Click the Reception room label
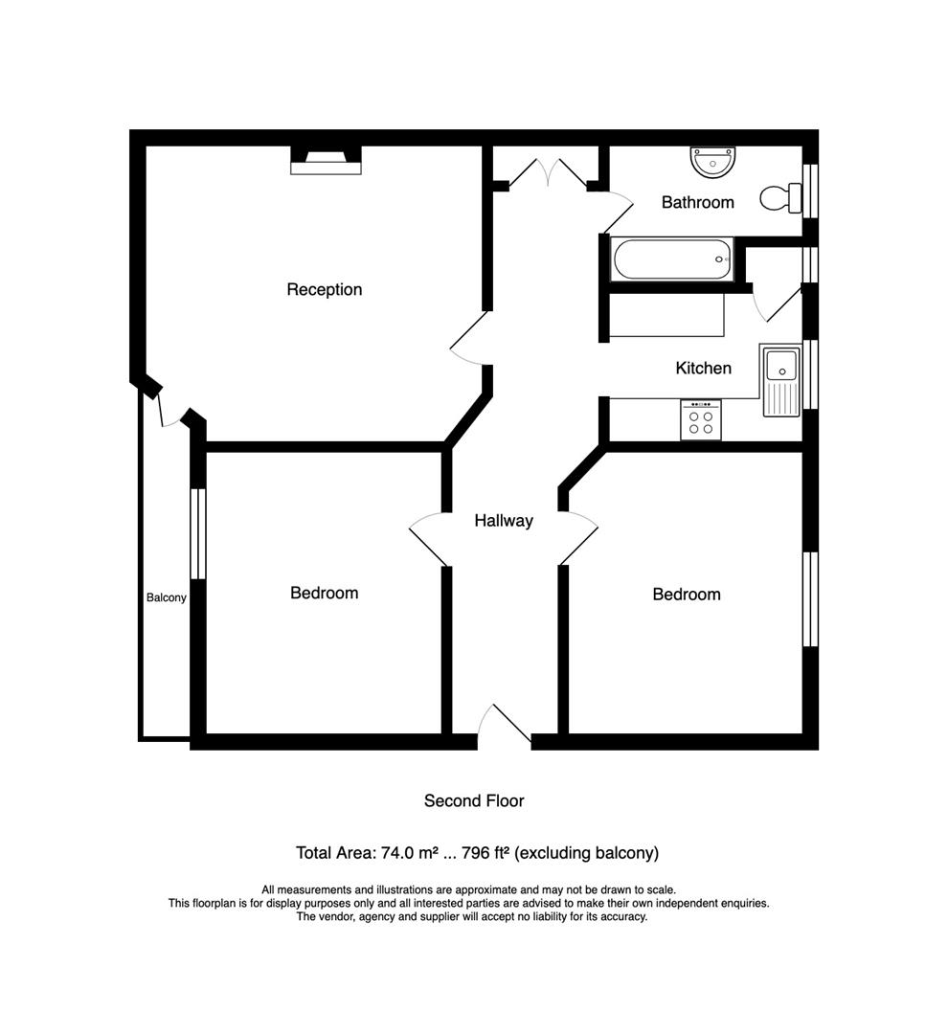pyautogui.click(x=324, y=289)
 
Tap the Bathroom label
pyautogui.click(x=697, y=202)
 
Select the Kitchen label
pyautogui.click(x=703, y=368)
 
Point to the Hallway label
pyautogui.click(x=504, y=521)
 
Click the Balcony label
pyautogui.click(x=166, y=597)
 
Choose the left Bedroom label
pyautogui.click(x=324, y=593)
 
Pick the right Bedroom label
pyautogui.click(x=686, y=594)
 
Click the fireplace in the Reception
pyautogui.click(x=327, y=160)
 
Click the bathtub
pyautogui.click(x=671, y=258)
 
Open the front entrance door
pyautogui.click(x=505, y=728)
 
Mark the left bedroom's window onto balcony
pyautogui.click(x=197, y=533)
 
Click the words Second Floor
pyautogui.click(x=474, y=800)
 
